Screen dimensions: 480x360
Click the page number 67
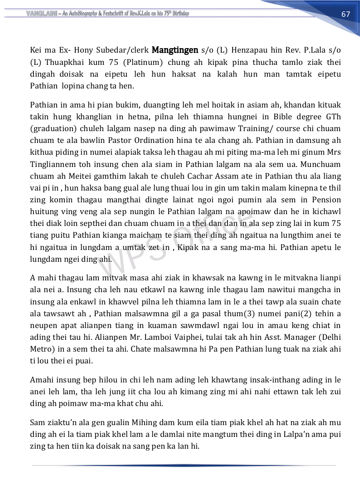point(346,14)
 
